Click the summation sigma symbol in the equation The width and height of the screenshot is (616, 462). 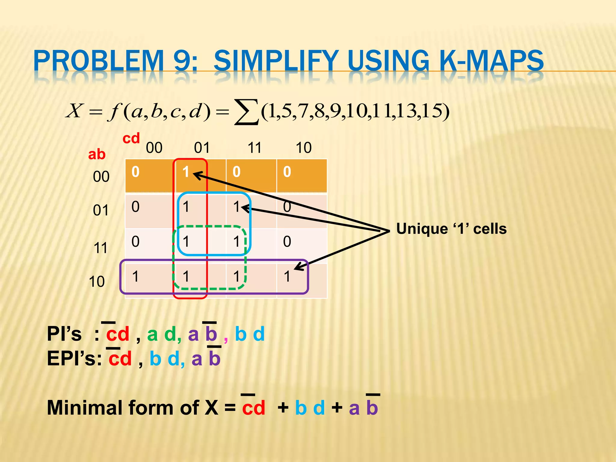246,112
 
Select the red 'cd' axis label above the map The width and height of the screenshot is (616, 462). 131,138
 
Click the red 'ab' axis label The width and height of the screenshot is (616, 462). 97,155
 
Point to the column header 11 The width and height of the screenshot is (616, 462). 254,148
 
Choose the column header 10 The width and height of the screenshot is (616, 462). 303,148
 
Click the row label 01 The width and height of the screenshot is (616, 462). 101,210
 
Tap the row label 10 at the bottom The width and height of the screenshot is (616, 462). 97,282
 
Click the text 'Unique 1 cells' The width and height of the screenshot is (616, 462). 451,229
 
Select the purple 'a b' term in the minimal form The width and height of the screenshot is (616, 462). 363,408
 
